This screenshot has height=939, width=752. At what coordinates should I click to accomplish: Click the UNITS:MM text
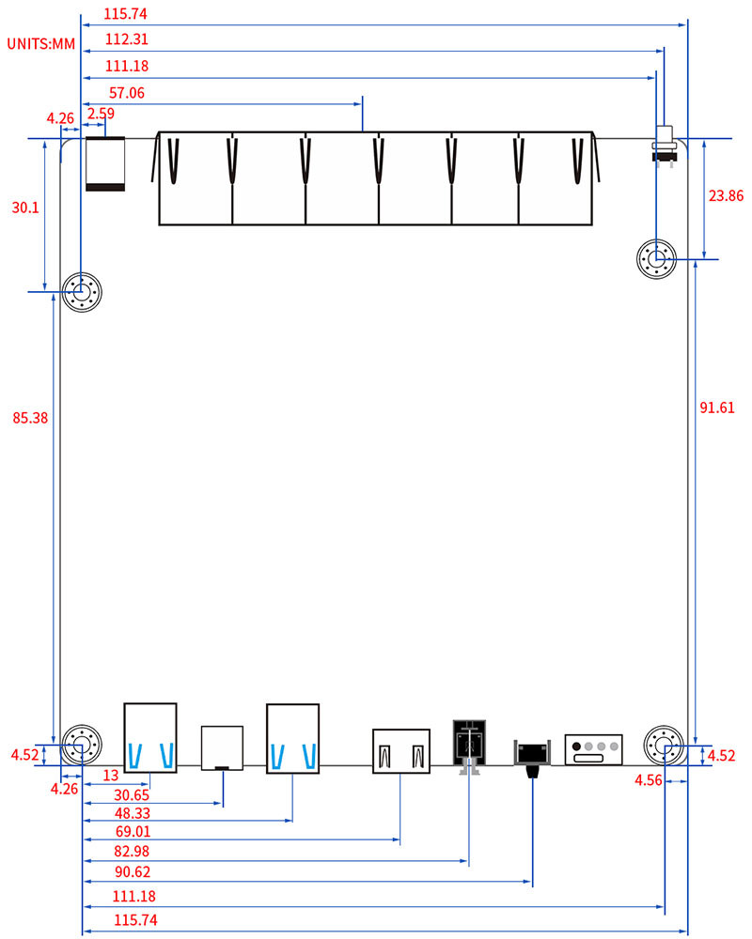(x=41, y=43)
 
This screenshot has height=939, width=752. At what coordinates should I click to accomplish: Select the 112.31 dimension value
(x=127, y=39)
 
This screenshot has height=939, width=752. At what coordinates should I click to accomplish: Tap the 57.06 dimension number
(x=127, y=92)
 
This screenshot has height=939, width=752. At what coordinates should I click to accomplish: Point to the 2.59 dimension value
(x=100, y=114)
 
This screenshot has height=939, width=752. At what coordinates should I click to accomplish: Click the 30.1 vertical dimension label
(x=24, y=208)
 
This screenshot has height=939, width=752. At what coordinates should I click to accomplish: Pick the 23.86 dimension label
(x=725, y=195)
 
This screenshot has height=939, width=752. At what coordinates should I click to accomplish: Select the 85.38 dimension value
(x=29, y=418)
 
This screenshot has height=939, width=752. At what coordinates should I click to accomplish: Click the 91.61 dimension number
(x=717, y=407)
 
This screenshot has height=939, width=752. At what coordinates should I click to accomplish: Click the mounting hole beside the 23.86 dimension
(x=656, y=258)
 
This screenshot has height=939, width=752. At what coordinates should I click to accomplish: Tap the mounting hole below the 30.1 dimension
(x=82, y=294)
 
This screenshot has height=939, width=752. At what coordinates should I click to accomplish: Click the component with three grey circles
(x=593, y=748)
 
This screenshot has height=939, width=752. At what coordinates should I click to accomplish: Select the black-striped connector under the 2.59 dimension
(x=104, y=164)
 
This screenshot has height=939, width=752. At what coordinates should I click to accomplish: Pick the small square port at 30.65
(x=222, y=747)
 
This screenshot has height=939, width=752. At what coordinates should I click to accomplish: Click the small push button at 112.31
(x=666, y=145)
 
